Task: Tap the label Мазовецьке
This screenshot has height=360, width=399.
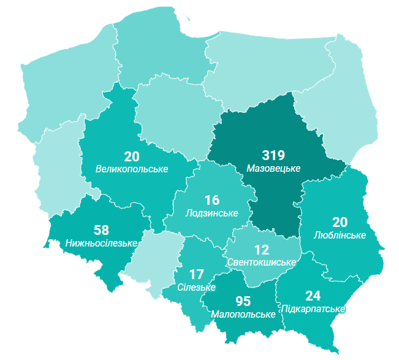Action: click(x=273, y=167)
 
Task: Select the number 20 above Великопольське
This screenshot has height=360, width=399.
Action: click(x=132, y=156)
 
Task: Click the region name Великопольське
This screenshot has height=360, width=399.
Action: click(x=132, y=169)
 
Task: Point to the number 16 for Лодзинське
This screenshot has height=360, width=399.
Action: click(x=211, y=201)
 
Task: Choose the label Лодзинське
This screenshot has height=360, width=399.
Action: click(x=211, y=213)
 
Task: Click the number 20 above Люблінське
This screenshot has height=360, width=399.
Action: click(x=340, y=223)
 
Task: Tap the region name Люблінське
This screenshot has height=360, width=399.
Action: click(x=340, y=235)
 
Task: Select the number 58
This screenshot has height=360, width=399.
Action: click(x=102, y=231)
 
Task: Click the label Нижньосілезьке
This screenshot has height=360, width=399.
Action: click(x=101, y=243)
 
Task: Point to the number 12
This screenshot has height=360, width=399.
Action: click(x=262, y=250)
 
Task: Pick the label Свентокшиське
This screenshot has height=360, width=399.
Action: click(x=261, y=262)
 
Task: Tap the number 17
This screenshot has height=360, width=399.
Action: click(x=197, y=275)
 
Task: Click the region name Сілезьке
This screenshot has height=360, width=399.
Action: click(x=197, y=287)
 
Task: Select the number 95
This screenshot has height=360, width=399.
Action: click(x=243, y=301)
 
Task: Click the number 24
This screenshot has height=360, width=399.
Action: click(x=313, y=296)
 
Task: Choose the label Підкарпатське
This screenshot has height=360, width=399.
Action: click(x=313, y=308)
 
